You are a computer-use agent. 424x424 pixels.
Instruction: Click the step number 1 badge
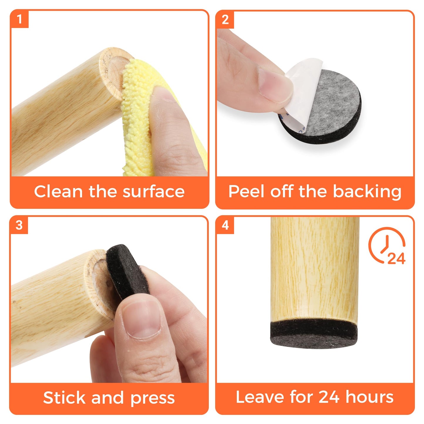tap(19, 19)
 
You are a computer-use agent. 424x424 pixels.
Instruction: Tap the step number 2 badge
tap(225, 19)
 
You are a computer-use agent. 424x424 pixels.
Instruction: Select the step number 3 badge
tap(19, 225)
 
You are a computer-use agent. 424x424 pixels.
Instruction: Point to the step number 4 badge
tap(225, 225)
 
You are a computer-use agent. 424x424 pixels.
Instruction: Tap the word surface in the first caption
tap(153, 192)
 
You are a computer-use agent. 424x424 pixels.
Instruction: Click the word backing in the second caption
tap(367, 192)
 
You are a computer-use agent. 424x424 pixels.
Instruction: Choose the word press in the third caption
tap(153, 398)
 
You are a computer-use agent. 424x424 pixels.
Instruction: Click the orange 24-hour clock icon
tap(387, 246)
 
